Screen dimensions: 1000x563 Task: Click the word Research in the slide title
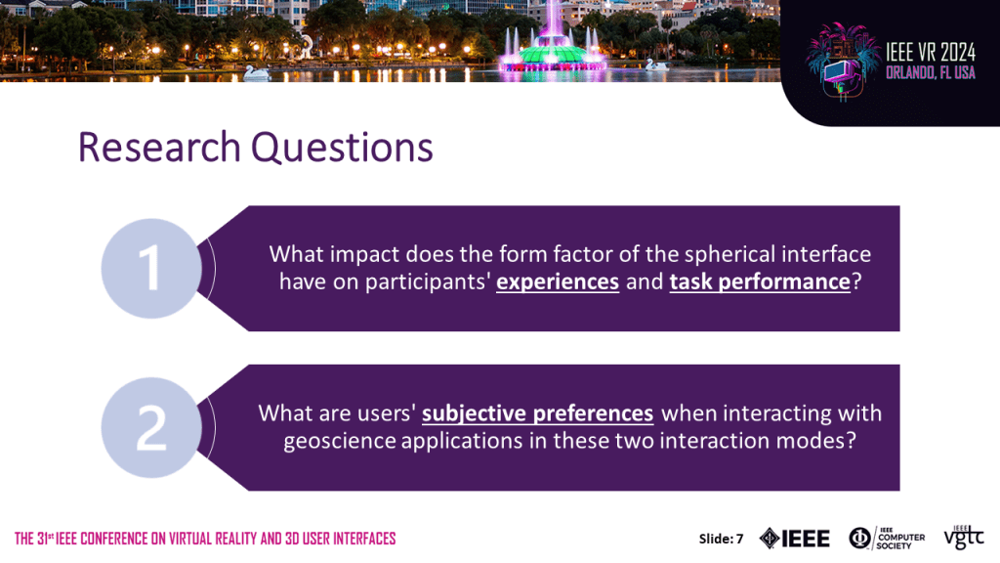pyautogui.click(x=159, y=147)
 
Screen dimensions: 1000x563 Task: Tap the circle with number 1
pyautogui.click(x=151, y=268)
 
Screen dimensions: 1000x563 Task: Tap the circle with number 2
pyautogui.click(x=151, y=427)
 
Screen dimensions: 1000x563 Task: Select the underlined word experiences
pyautogui.click(x=558, y=282)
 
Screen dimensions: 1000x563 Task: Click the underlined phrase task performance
pyautogui.click(x=760, y=282)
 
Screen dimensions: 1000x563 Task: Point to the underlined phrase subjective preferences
pyautogui.click(x=538, y=413)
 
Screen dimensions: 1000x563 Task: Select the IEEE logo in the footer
pyautogui.click(x=795, y=539)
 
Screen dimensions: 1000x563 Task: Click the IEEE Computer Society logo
pyautogui.click(x=887, y=539)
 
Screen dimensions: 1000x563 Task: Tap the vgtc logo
pyautogui.click(x=964, y=538)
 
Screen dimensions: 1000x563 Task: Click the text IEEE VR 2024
pyautogui.click(x=931, y=52)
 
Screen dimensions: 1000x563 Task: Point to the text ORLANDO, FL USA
pyautogui.click(x=931, y=72)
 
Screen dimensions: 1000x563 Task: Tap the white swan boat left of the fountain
pyautogui.click(x=257, y=72)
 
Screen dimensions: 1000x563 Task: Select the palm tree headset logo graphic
pyautogui.click(x=843, y=62)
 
